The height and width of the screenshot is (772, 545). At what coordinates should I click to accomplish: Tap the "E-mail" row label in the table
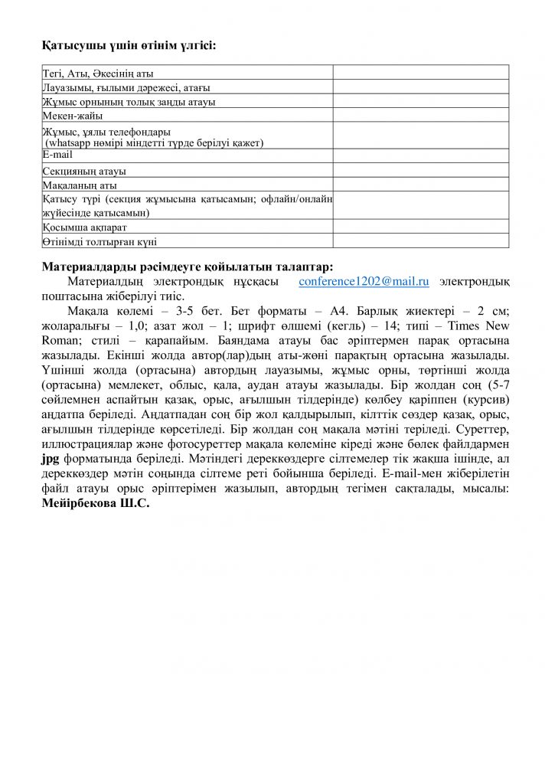click(x=57, y=154)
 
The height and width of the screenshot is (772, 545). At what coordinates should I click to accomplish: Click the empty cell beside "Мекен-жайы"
click(x=420, y=115)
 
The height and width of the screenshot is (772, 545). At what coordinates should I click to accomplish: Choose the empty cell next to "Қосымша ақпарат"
click(x=420, y=227)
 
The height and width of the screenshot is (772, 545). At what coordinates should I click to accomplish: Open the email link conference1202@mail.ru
click(x=364, y=282)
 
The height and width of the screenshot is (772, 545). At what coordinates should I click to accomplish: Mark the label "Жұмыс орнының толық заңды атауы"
click(x=129, y=101)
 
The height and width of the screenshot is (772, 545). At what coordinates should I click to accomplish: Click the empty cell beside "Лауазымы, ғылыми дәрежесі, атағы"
click(x=420, y=87)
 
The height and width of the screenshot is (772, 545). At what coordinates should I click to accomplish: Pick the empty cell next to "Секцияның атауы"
click(x=420, y=170)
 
